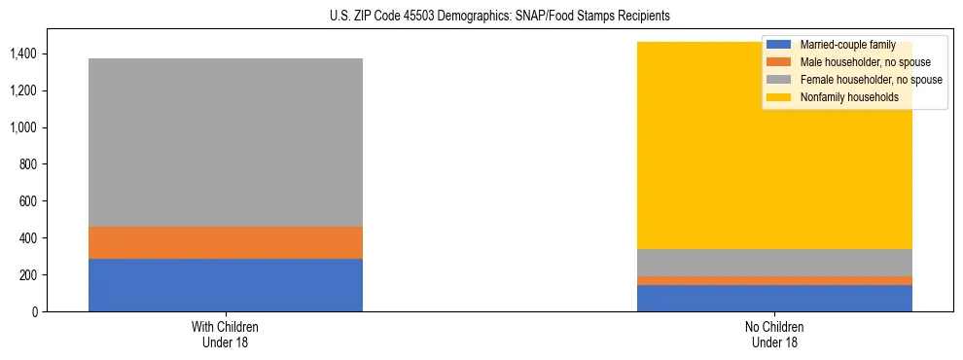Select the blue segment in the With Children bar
tap(226, 285)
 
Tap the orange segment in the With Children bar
tap(226, 242)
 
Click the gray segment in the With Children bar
tap(226, 142)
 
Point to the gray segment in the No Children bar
tap(774, 263)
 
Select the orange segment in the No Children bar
tap(774, 281)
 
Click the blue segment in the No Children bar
tap(774, 299)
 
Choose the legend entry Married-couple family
tap(845, 45)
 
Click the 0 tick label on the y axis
tap(36, 312)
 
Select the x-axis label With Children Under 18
tap(226, 335)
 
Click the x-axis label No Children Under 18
tap(774, 335)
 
